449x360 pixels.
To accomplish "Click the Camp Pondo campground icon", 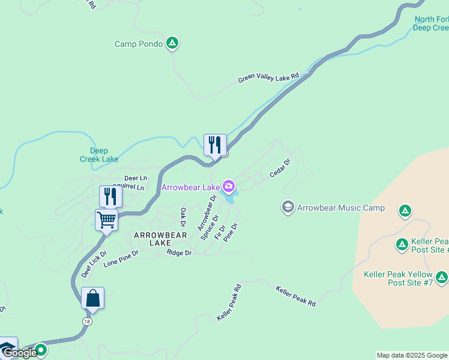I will pos(172,43).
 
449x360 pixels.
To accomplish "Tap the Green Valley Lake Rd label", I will pos(268,79).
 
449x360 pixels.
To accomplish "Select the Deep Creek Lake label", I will pos(99,155).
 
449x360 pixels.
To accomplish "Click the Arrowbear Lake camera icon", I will pos(229,187).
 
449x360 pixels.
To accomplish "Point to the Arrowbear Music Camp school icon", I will pos(288,208).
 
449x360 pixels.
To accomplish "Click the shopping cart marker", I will pos(106,220).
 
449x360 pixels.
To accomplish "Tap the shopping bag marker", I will pos(92,298).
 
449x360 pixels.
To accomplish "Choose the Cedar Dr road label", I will pos(280,167).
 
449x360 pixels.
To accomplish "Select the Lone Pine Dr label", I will pos(121,259).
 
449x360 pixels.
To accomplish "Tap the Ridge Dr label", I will pos(179,253).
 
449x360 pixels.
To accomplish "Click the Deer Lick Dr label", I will pos(94,265).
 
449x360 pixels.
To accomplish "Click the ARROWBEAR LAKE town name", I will pos(160,239).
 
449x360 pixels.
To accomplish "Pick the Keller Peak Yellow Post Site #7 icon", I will pos(442,277).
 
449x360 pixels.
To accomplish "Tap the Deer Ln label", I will pos(135,178).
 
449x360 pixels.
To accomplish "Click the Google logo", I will pos(19,353).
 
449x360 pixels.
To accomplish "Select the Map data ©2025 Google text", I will pos(412,355).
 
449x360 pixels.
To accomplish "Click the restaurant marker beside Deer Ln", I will pos(110,196).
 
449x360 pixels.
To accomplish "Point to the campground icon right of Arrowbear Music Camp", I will pos(405,210).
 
